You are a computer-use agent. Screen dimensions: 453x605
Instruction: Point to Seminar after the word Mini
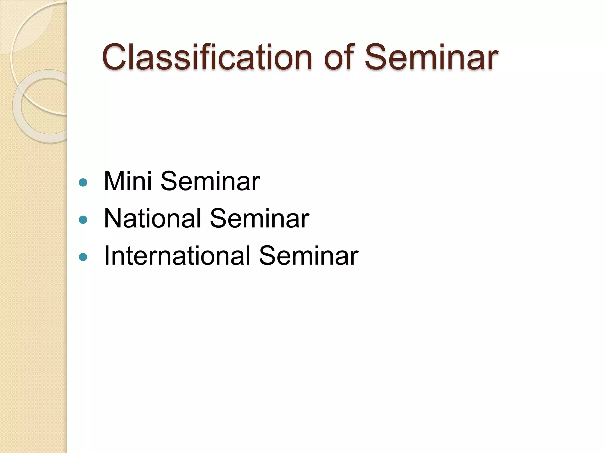(210, 181)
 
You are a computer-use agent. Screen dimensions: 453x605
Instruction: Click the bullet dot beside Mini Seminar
(83, 183)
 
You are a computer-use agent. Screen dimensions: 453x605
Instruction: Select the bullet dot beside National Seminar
(83, 220)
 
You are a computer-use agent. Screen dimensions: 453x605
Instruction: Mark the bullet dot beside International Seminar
(83, 257)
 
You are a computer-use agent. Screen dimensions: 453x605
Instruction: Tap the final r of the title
(493, 60)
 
